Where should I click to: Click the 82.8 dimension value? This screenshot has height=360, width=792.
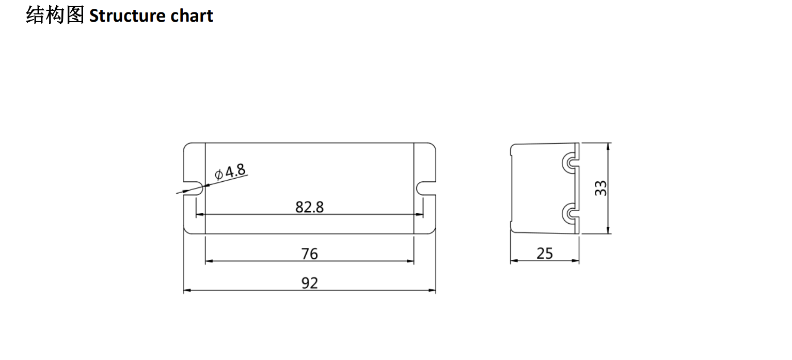tap(309, 207)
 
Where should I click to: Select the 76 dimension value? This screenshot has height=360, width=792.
tap(309, 254)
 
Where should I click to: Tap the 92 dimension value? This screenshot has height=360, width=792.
tap(309, 283)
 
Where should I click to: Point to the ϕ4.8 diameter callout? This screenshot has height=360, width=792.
tap(230, 172)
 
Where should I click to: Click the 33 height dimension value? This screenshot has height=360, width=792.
tap(601, 188)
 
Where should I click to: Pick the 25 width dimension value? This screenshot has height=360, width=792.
tap(545, 254)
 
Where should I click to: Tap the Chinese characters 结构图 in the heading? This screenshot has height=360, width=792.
tap(55, 15)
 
